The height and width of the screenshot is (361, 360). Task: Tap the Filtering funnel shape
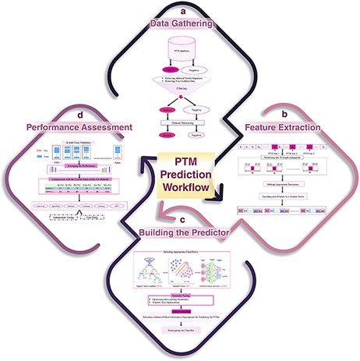point(180,91)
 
